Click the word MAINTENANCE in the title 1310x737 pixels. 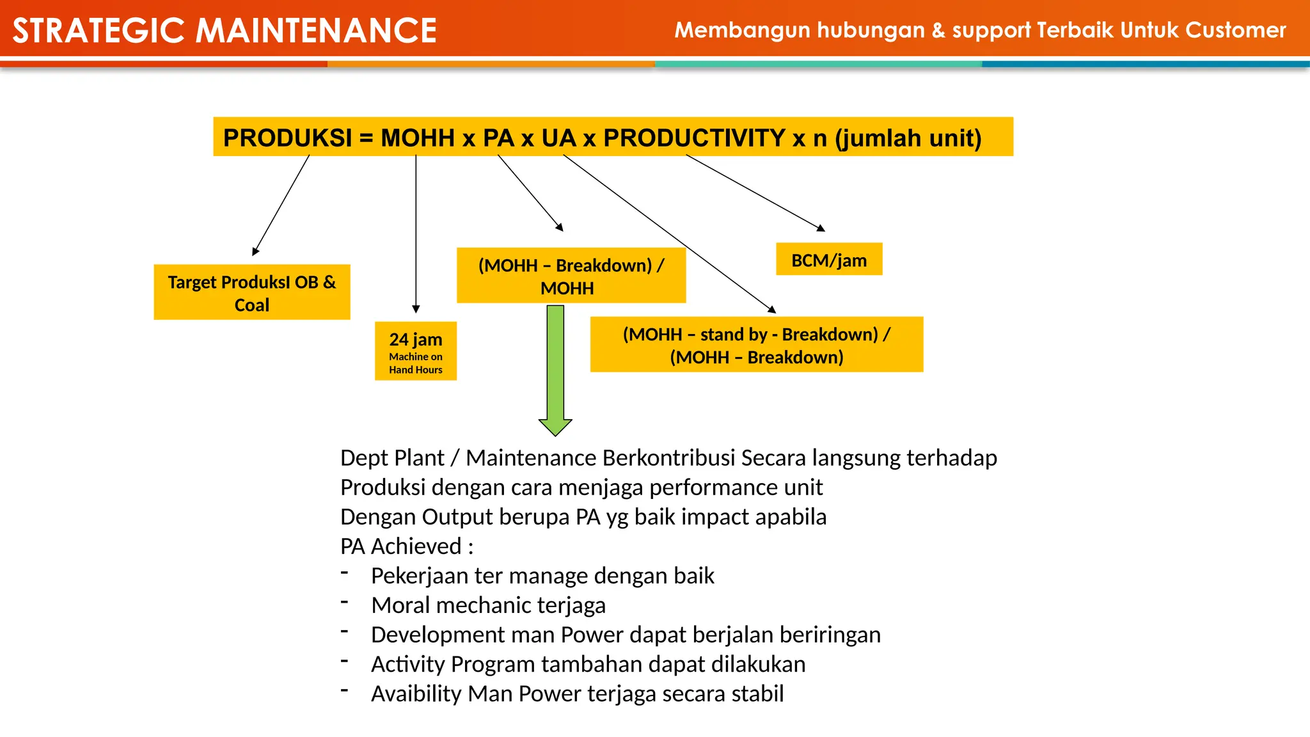click(x=316, y=31)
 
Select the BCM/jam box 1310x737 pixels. click(x=829, y=260)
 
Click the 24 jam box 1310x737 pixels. click(x=416, y=351)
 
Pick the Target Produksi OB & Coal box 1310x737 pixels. click(x=252, y=292)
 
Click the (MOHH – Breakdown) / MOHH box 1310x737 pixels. click(x=571, y=276)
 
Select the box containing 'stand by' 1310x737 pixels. click(x=757, y=345)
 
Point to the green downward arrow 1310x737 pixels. click(x=555, y=371)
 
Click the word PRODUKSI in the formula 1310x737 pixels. click(x=288, y=138)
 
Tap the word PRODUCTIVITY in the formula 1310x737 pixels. click(x=694, y=138)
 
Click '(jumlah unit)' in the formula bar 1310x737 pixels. click(x=908, y=138)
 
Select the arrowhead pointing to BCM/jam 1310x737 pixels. click(x=821, y=228)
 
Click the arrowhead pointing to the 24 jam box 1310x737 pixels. click(x=416, y=309)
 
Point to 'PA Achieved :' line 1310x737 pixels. click(x=407, y=546)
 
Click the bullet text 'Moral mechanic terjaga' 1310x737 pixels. click(x=488, y=605)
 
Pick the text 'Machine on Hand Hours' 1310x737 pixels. click(x=416, y=363)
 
